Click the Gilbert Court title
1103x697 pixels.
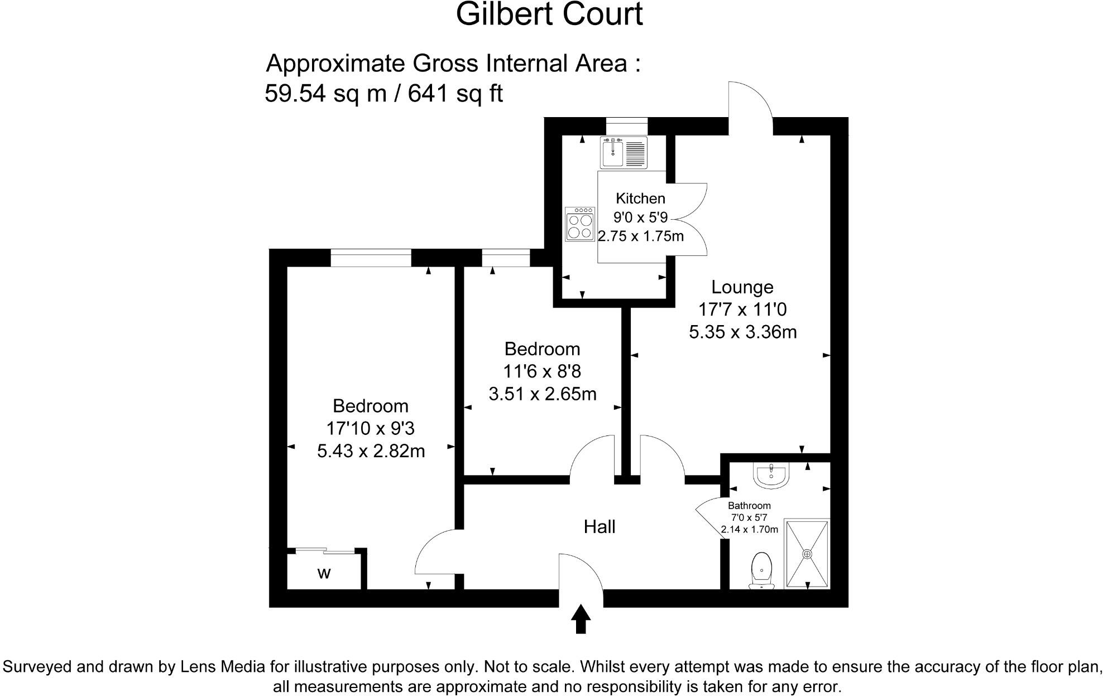[549, 15]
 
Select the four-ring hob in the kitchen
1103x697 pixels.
[579, 224]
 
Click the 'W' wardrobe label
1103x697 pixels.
[324, 573]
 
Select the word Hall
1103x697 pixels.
[600, 526]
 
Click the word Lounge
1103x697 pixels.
[742, 287]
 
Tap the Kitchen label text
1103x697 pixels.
[640, 199]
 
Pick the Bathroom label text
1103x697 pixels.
[749, 506]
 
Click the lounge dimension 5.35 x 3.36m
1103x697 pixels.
[743, 332]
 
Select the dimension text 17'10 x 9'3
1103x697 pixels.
[370, 428]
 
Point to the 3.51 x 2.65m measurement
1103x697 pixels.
[543, 394]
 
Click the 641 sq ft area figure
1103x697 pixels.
[455, 93]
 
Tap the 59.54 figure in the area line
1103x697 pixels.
[295, 93]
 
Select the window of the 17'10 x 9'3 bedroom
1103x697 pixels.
[371, 258]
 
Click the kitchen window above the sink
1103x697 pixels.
[626, 126]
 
